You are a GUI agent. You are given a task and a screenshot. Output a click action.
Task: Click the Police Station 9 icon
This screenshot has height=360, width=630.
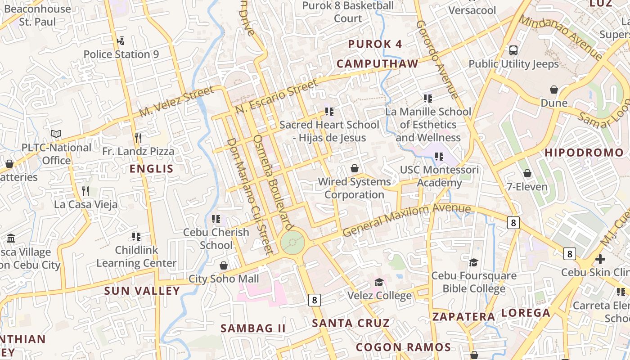[x=121, y=41]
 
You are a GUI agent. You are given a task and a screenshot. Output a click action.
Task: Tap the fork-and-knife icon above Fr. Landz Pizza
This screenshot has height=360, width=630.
[x=138, y=138]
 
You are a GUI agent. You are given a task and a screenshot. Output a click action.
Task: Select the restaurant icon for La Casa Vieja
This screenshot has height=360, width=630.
[x=85, y=191]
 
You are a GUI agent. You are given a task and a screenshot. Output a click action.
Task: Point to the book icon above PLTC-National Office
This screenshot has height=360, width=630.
[x=56, y=134]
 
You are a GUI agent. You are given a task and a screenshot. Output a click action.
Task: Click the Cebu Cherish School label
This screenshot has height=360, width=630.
[x=216, y=238]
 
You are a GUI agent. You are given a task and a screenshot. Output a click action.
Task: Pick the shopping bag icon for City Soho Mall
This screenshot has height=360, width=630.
[x=223, y=265]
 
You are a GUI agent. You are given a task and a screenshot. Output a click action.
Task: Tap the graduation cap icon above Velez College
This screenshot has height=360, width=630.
[x=379, y=282]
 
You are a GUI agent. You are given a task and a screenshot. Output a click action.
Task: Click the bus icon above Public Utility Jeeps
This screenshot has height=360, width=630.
[x=513, y=50]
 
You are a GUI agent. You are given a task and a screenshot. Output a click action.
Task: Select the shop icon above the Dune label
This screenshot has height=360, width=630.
[x=554, y=90]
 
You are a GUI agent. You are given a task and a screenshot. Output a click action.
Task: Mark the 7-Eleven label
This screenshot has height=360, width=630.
[x=527, y=187]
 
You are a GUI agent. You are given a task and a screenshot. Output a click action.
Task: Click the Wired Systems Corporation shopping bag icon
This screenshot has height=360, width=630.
[x=355, y=169]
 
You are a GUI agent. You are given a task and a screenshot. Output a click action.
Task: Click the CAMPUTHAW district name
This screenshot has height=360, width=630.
[x=377, y=64]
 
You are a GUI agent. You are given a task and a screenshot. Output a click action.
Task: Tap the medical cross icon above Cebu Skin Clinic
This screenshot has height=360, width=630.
[x=600, y=259]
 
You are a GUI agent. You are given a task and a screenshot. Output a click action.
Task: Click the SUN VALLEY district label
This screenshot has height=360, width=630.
[x=142, y=291]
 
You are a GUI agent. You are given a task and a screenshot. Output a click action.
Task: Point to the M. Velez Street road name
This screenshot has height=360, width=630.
[x=176, y=102]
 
